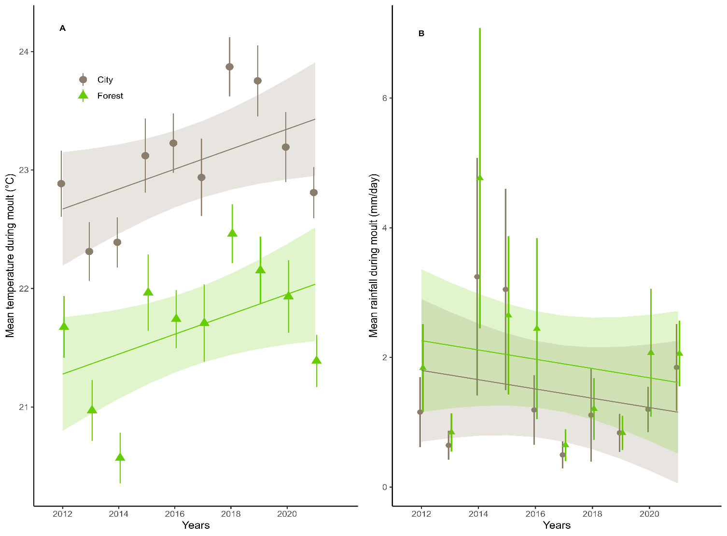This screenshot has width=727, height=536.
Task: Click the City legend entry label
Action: tap(105, 80)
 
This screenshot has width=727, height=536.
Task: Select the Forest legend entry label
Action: tap(110, 96)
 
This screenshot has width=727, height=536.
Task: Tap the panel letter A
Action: tap(62, 28)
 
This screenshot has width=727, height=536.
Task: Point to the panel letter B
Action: tap(421, 34)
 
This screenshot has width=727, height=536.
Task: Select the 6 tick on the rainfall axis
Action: tap(384, 98)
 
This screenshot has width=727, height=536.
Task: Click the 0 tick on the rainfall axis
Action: tap(384, 487)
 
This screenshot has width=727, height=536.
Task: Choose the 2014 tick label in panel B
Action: tap(478, 514)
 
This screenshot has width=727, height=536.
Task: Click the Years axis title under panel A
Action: tap(196, 525)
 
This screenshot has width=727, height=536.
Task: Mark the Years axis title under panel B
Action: tap(557, 525)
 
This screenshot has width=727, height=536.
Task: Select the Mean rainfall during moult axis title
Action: tap(374, 255)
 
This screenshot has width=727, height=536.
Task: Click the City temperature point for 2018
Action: tap(230, 67)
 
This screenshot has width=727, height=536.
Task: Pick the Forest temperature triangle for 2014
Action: tap(120, 457)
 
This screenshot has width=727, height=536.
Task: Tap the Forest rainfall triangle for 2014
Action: tap(480, 177)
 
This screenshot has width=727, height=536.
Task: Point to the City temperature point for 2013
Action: tap(89, 252)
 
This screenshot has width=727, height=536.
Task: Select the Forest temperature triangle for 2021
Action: tap(317, 360)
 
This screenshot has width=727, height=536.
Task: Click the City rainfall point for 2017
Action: tap(562, 455)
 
